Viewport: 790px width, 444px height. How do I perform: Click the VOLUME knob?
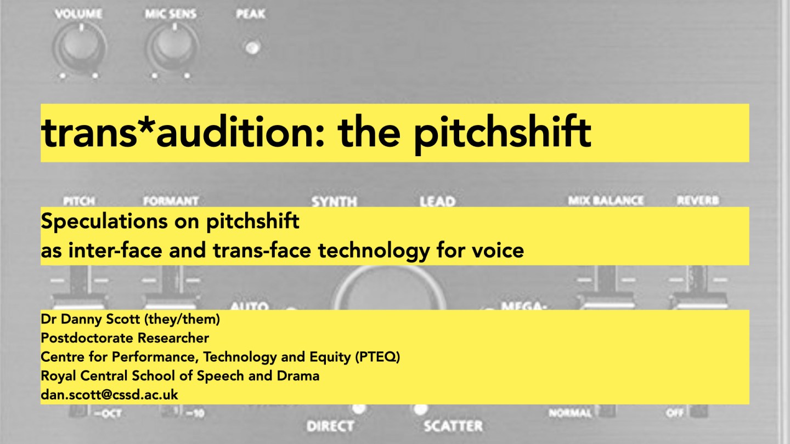click(x=81, y=48)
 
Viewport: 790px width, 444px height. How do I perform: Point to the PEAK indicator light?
click(x=252, y=48)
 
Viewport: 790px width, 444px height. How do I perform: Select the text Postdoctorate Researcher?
click(x=125, y=338)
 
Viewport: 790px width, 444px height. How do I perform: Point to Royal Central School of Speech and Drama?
click(x=180, y=376)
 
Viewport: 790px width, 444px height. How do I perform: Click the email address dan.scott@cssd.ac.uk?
click(x=109, y=394)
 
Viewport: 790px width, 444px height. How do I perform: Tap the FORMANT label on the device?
click(x=171, y=201)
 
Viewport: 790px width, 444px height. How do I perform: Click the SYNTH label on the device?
click(x=334, y=201)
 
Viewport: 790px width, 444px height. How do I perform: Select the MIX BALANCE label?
click(x=605, y=201)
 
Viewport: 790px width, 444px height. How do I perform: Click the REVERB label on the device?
click(x=697, y=201)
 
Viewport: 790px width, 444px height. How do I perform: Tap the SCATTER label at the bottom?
click(x=453, y=426)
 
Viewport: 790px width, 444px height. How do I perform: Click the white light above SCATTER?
click(x=421, y=408)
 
